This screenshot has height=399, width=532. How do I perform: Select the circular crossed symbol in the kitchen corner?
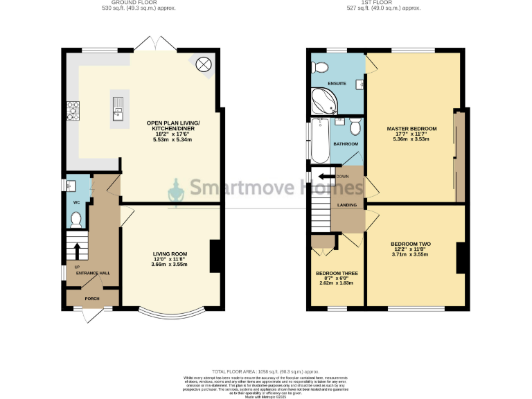pos(204,65)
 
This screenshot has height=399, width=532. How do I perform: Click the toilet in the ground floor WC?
pos(76,220)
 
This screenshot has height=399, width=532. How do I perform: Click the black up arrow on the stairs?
pos(77,249)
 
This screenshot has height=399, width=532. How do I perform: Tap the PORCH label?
pos(92,299)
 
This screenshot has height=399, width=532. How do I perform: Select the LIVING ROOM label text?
pos(170,254)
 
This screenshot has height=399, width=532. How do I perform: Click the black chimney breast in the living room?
pos(215,255)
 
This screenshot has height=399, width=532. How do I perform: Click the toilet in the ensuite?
pos(319,68)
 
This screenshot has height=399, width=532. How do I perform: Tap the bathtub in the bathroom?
pos(319,140)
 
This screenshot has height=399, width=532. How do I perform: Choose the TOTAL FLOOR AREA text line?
pos(266,371)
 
